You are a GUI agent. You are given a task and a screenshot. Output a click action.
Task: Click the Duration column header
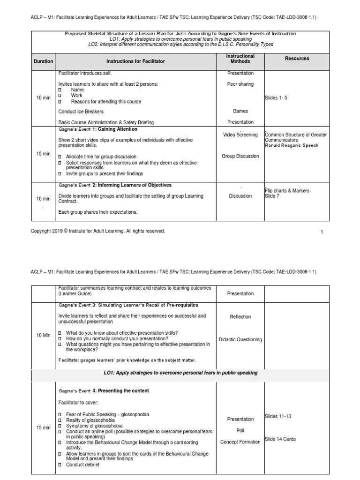pyautogui.click(x=44, y=61)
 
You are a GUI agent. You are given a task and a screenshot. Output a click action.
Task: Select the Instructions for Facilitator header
pyautogui.click(x=135, y=61)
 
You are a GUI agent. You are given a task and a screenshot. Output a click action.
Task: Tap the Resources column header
pyautogui.click(x=297, y=59)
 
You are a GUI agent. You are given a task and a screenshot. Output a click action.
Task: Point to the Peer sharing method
pyautogui.click(x=240, y=84)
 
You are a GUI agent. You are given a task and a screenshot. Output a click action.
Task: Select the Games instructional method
pyautogui.click(x=240, y=111)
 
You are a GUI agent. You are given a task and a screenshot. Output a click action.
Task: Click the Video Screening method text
pyautogui.click(x=240, y=135)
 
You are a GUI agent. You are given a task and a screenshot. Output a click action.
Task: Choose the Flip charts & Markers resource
pyautogui.click(x=287, y=191)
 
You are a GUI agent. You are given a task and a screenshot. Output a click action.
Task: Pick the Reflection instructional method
pyautogui.click(x=240, y=317)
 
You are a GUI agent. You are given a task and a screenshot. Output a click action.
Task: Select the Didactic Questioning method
pyautogui.click(x=240, y=339)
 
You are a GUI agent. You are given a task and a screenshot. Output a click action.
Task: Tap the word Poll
pyautogui.click(x=240, y=430)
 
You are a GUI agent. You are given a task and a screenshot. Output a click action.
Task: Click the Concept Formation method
pyautogui.click(x=240, y=442)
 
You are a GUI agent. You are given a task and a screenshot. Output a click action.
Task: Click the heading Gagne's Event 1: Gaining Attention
pyautogui.click(x=98, y=129)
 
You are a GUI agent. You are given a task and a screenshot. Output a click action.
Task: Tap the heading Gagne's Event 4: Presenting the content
pyautogui.click(x=104, y=390)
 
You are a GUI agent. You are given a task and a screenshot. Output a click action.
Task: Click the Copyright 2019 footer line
pyautogui.click(x=98, y=231)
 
